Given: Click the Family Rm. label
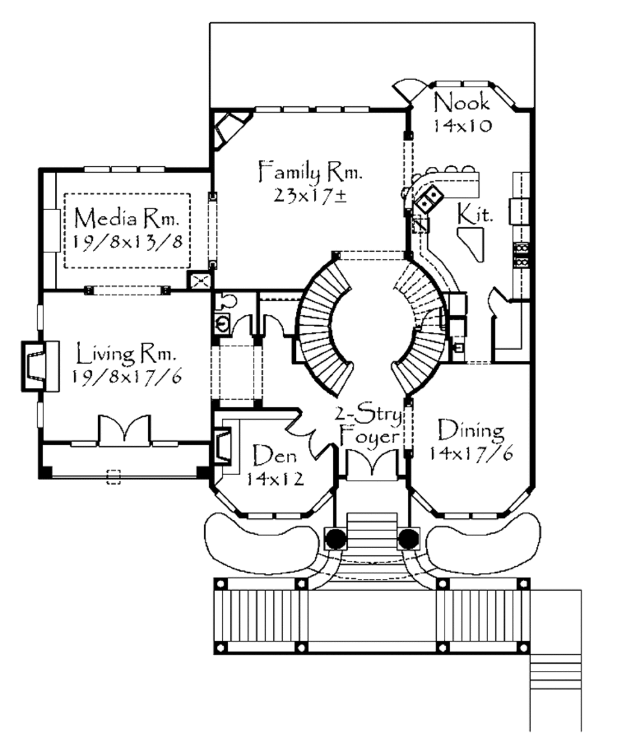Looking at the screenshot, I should (310, 172).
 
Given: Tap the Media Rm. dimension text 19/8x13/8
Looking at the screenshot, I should (127, 242).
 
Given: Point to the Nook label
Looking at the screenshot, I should (462, 102).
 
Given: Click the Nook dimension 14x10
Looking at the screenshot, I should (462, 125).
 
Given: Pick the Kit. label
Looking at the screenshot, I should (474, 214).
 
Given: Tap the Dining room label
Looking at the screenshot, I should (470, 430).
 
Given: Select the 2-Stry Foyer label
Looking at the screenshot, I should (369, 425).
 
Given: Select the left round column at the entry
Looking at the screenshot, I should (336, 537).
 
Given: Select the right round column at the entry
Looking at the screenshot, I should (409, 537).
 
